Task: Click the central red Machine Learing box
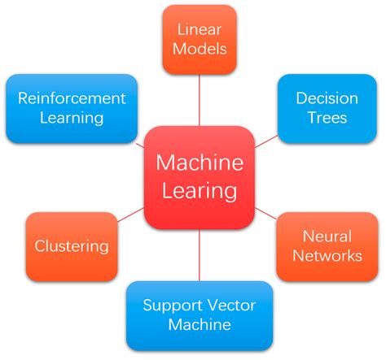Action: tap(200, 177)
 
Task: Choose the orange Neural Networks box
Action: tap(326, 245)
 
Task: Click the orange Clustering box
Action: tap(71, 245)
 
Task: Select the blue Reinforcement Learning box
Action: tap(71, 108)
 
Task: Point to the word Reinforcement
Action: tap(71, 98)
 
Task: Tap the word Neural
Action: tap(327, 236)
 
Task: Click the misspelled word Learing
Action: tap(200, 192)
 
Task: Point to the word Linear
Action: tap(200, 30)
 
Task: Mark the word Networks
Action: tap(327, 256)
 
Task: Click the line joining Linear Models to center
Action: tap(200, 102)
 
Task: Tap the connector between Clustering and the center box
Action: tap(130, 215)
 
